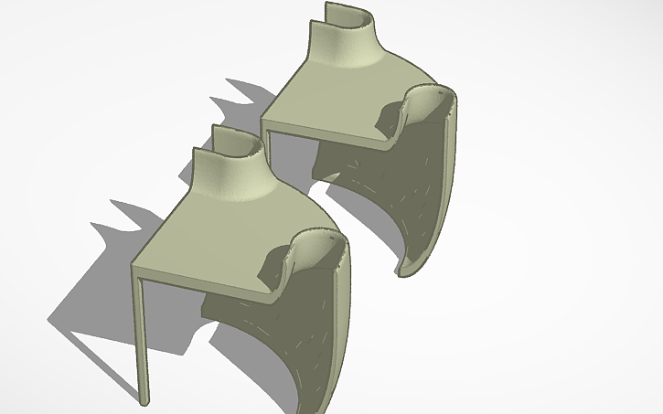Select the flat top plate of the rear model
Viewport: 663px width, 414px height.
point(338,105)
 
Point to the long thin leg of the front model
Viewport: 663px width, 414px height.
point(141,338)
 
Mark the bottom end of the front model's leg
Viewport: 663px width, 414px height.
point(144,400)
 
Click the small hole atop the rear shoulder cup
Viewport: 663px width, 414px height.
point(438,91)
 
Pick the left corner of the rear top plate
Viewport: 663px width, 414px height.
point(263,117)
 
